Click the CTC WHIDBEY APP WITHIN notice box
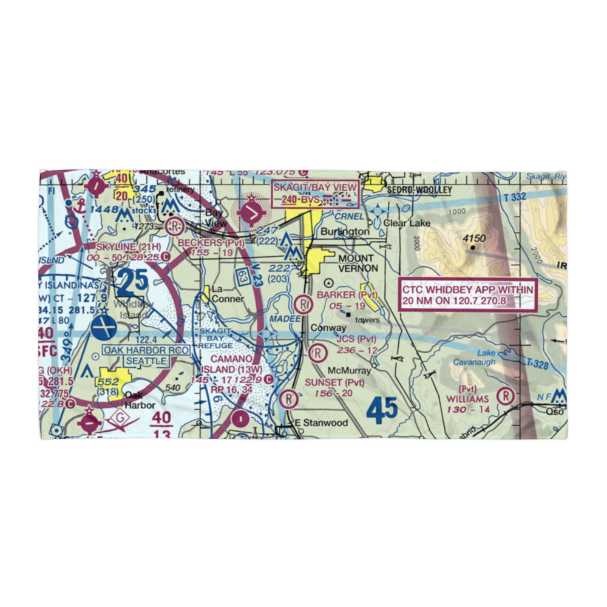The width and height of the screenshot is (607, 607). (x=467, y=295)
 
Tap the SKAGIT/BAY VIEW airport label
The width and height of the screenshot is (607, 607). (x=314, y=187)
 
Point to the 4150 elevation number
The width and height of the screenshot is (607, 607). (x=474, y=239)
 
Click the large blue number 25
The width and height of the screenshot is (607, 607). (x=132, y=281)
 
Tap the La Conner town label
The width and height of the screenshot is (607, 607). (x=228, y=294)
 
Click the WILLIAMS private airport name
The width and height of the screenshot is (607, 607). (x=467, y=399)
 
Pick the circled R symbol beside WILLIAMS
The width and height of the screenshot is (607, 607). (x=505, y=396)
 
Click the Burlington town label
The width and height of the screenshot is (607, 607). (x=345, y=232)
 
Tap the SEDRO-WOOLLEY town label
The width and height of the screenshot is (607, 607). (x=419, y=190)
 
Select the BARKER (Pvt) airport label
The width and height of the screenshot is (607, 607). (x=347, y=295)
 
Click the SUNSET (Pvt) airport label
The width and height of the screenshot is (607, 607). (x=334, y=382)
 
